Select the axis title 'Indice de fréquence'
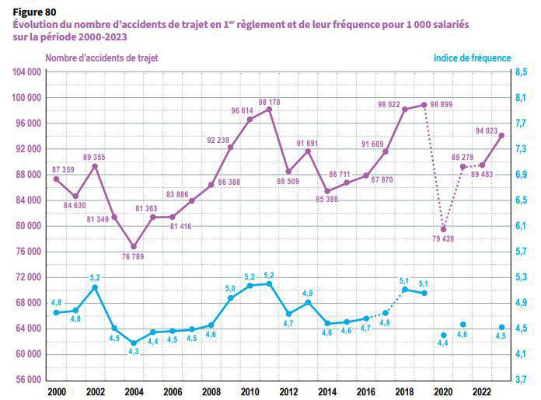coord(472,58)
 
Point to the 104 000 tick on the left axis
coord(27,72)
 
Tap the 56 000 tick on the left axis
coord(27,380)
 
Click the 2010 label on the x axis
coord(250,392)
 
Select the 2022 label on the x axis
coord(482,392)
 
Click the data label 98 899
coord(444,105)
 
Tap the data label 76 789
coord(133,257)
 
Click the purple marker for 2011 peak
coord(269,110)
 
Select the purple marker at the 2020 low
coord(443,229)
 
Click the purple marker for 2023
coord(501,136)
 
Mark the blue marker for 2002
coord(95,287)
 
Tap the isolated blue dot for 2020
coord(443,336)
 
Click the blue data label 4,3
coord(133,352)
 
